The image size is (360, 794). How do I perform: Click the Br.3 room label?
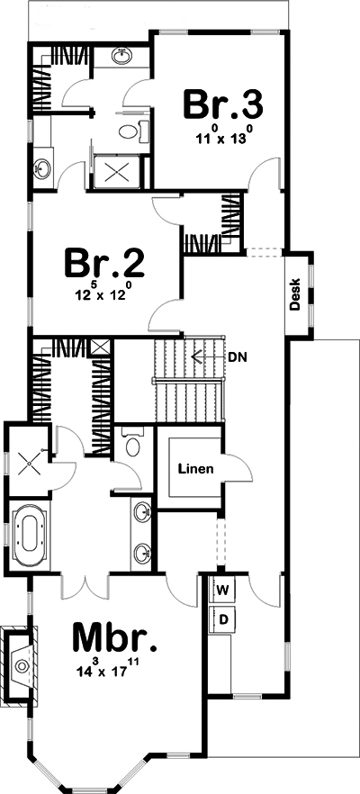223,104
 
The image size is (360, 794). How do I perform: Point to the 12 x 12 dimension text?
104,294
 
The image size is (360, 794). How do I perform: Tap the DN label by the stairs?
238,356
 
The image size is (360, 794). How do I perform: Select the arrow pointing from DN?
207,356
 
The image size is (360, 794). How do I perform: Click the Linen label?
194,469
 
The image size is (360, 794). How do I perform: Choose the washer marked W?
223,591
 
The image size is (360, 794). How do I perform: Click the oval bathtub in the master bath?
31,533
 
